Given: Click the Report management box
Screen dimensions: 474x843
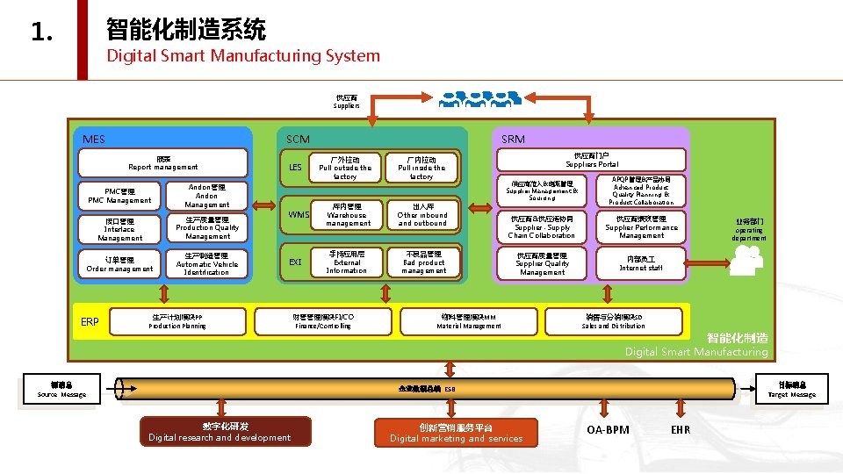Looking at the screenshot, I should (x=163, y=163).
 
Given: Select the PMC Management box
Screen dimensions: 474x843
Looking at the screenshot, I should (x=119, y=196).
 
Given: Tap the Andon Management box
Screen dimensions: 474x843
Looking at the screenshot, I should (x=207, y=196).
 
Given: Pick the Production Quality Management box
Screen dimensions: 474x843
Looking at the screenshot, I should (x=207, y=227).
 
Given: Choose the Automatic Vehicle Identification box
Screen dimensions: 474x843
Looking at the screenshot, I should (x=207, y=263).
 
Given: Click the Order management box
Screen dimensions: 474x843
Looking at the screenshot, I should (x=119, y=264).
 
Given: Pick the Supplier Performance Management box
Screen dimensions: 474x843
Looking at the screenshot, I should (x=641, y=227).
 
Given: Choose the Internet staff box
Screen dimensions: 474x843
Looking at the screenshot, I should (x=641, y=263).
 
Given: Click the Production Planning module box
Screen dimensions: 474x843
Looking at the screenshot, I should (x=177, y=321).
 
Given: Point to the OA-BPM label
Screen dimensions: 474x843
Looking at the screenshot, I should (x=608, y=430).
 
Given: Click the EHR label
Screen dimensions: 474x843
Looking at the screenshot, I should (x=681, y=430).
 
